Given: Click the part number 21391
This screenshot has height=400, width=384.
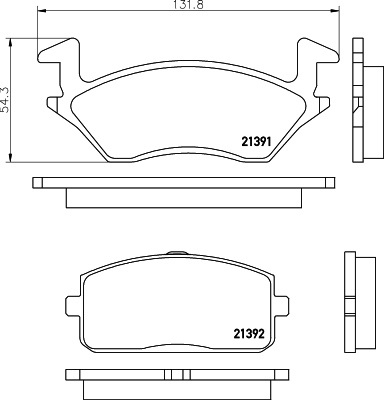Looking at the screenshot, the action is coord(256,142).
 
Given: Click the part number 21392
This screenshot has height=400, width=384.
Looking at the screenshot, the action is coord(249,334).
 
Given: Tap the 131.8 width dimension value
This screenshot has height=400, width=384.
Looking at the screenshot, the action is coord(188,5).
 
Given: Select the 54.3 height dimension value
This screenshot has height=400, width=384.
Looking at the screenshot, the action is coord(6,99).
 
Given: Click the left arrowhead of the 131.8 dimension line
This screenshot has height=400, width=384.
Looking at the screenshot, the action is coord(42,11).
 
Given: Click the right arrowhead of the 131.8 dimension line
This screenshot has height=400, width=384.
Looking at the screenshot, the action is coord(335,11).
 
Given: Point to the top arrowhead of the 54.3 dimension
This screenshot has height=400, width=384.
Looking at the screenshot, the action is coord(11,43).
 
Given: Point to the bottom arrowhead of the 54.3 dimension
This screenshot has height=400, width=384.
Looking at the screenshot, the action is coord(11,158).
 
